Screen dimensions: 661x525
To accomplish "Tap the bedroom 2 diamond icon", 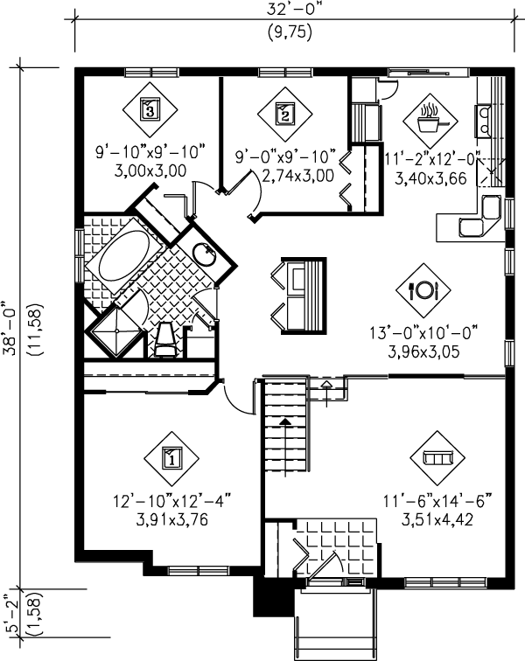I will point(284,111).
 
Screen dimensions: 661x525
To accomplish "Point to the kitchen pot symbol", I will point(429,117).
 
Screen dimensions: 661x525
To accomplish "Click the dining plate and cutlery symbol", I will point(423,289).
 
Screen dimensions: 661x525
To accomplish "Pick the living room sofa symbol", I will point(435,456).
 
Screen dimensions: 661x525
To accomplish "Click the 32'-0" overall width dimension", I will point(292,11).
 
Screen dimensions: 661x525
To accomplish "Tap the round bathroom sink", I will point(206,254).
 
